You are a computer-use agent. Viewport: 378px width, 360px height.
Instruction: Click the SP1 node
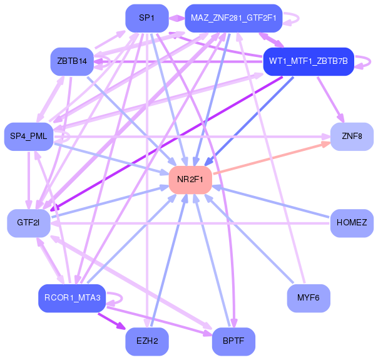pos(147,18)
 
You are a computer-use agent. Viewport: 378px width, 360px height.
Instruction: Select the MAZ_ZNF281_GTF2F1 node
pos(234,18)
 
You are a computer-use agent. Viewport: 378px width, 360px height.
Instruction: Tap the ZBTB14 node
pos(71,61)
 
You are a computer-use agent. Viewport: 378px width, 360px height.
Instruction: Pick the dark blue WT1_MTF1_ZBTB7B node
pos(309,61)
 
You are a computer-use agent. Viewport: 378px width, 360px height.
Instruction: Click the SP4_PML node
pos(29,136)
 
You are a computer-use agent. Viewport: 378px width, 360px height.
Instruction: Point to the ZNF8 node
pos(352,136)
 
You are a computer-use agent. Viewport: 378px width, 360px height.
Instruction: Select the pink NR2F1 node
pos(190,180)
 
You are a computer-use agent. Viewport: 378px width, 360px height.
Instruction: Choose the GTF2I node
pos(29,223)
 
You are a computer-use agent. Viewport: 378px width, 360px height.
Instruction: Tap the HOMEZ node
pos(352,223)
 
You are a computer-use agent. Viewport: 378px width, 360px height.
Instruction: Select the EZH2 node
pos(147,341)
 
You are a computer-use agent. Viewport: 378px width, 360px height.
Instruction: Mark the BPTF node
pos(233,341)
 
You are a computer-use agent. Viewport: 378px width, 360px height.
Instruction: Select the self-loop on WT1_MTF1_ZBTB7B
pos(368,61)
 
